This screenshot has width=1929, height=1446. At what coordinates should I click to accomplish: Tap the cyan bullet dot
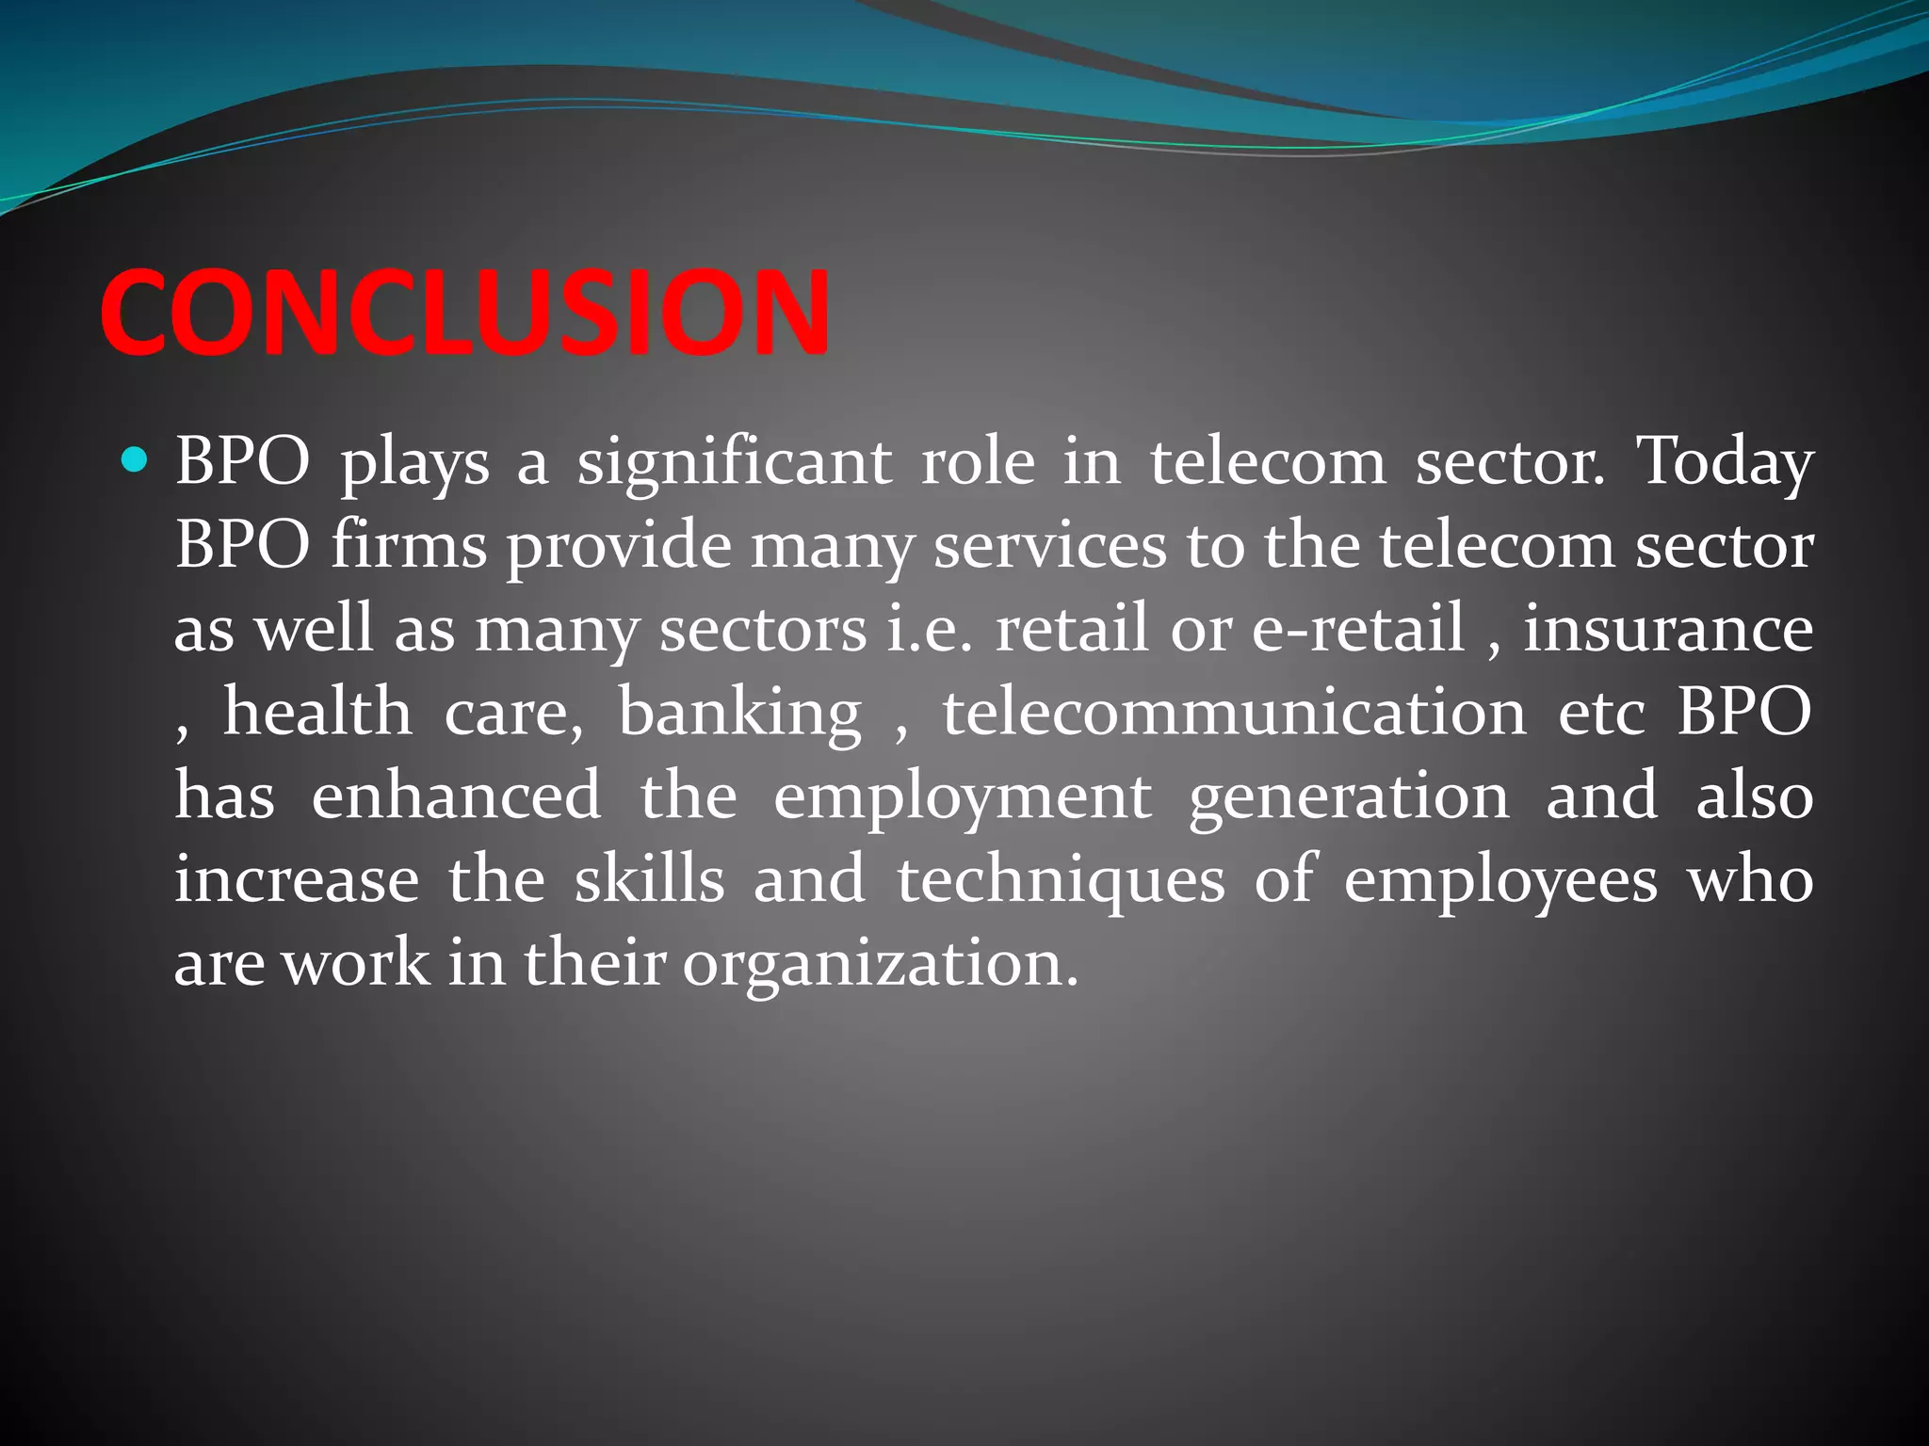coord(136,460)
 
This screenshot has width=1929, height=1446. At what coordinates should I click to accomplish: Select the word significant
coord(734,463)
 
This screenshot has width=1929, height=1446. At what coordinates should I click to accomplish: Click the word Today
coord(1725,463)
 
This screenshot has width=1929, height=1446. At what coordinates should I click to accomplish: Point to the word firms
coord(409,546)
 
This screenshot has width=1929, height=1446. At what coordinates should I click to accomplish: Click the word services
coord(1050,546)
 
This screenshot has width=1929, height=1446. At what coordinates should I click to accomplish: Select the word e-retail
coord(1358,628)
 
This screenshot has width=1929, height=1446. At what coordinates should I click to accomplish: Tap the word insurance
coord(1668,628)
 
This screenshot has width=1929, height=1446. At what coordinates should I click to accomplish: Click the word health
coord(317,712)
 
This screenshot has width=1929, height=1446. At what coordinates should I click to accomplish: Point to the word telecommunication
coord(1234,712)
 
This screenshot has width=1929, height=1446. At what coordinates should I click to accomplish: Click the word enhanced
coord(456,795)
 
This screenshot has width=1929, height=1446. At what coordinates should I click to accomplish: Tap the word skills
coord(650,879)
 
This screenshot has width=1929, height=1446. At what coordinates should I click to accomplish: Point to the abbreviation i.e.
coord(930,628)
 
